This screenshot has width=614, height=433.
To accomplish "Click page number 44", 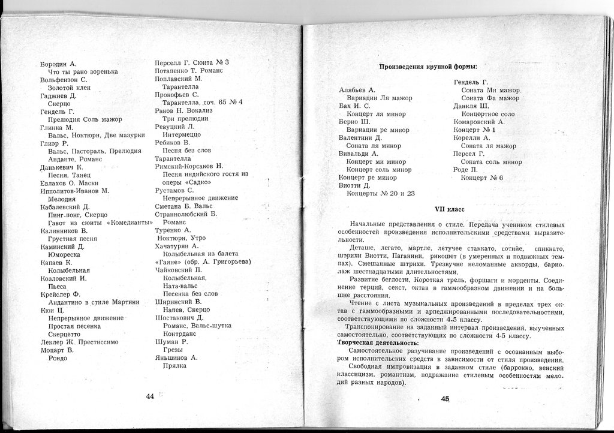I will (x=150, y=396).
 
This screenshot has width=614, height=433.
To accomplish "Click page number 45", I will (x=445, y=399).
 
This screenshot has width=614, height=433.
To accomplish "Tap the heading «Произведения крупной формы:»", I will (x=432, y=67).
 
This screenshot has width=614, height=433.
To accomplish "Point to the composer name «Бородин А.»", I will (x=58, y=64).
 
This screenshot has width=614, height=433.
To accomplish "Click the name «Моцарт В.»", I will (x=57, y=350).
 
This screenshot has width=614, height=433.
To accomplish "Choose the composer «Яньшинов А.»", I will (x=176, y=357).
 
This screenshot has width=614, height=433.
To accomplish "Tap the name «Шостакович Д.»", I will (x=179, y=317).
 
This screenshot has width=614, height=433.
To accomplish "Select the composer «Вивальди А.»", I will (x=359, y=154).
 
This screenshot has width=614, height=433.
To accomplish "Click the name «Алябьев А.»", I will (x=357, y=89).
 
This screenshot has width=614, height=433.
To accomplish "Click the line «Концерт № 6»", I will (x=481, y=178).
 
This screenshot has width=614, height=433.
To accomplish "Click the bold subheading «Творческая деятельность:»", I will (x=377, y=342).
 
